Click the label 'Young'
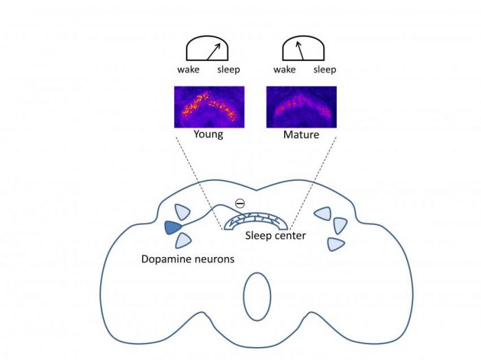pos(209,134)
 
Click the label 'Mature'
pos(301,134)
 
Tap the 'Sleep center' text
pos(274,237)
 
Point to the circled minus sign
pos(239,203)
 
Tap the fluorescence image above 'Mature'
pos(301,106)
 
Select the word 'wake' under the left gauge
pos(188,70)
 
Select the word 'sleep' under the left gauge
pos(229,70)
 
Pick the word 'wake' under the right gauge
pos(284,70)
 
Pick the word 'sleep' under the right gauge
pos(325,70)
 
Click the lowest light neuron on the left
pos(183,241)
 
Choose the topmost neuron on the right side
pos(323,213)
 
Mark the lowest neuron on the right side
pos(335,243)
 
